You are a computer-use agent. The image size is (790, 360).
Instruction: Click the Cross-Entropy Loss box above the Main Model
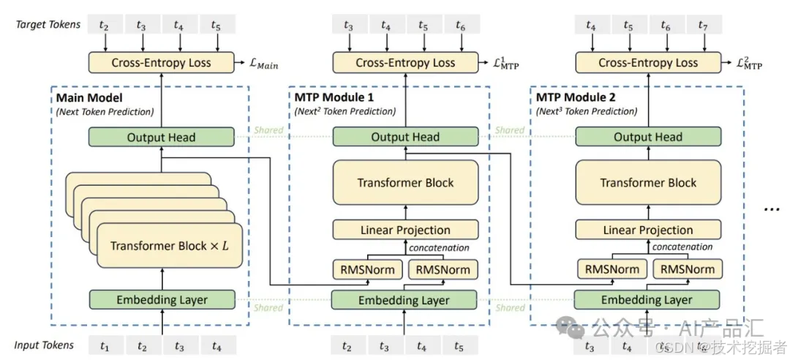pos(161,63)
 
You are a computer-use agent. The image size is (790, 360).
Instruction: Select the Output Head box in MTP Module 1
pos(405,137)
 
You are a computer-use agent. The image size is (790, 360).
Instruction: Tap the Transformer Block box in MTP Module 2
pos(648,183)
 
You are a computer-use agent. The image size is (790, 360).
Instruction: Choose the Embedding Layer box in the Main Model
pos(162,299)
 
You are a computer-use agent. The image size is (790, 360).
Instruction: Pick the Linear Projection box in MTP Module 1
pos(405,230)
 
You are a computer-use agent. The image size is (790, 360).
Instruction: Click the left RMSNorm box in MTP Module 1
pos(367,269)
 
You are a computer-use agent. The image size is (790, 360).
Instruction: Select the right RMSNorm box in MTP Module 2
pos(687,269)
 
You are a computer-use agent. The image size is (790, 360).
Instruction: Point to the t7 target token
pos(703,26)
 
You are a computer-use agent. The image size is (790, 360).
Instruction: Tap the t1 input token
pos(105,345)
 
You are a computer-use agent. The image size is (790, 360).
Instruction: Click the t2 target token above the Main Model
pos(105,26)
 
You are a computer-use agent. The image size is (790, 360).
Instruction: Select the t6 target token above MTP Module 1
pos(460,26)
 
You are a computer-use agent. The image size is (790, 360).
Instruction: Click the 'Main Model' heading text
pos(89,98)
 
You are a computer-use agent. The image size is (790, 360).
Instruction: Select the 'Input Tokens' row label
pos(45,345)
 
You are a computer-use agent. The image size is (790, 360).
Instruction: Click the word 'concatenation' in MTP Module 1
pos(439,248)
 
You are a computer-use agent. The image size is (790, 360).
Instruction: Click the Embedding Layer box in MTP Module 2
pos(647,300)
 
